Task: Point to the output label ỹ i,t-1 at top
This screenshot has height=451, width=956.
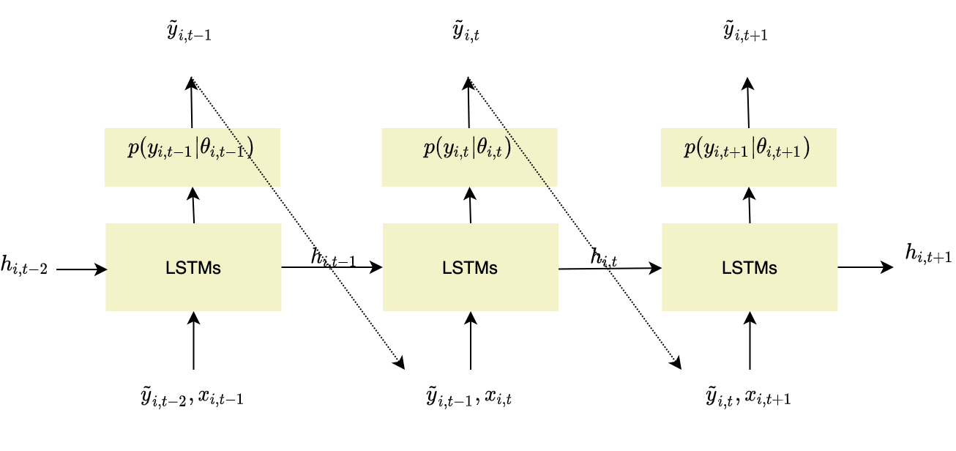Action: [190, 34]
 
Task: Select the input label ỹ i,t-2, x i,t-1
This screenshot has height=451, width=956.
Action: [193, 398]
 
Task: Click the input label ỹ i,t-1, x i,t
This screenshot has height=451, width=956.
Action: [469, 398]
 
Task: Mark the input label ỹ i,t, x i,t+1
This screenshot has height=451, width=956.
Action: [747, 398]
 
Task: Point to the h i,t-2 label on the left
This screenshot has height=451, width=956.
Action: [24, 269]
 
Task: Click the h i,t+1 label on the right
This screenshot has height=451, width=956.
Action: [928, 253]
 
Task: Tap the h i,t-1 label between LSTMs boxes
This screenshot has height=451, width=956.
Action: [333, 257]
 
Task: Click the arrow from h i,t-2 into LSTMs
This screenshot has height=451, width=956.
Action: [81, 269]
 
